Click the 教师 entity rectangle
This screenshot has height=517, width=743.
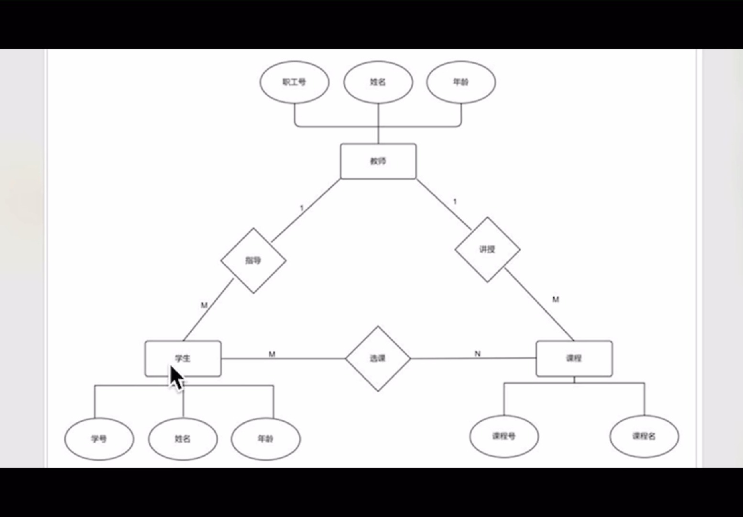point(378,161)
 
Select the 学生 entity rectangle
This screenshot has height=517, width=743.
point(183,358)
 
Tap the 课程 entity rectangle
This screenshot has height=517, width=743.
point(574,358)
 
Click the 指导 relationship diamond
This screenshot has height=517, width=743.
point(253,260)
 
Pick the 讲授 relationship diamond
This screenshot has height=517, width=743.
point(487,249)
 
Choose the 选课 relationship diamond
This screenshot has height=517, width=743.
point(378,358)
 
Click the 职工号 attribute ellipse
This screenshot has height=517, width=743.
point(294,82)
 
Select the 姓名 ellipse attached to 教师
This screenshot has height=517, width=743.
point(378,82)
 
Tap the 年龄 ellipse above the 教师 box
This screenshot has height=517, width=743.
point(461,82)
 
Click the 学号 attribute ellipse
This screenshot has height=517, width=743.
point(99,438)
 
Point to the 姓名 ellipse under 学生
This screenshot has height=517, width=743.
point(183,438)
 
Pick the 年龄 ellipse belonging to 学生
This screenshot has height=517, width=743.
point(266,438)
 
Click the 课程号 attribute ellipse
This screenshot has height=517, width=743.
point(504,436)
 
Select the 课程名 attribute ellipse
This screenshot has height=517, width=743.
point(644,436)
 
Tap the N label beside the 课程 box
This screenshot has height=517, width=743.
point(477,354)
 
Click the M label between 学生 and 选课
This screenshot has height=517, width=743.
point(272,354)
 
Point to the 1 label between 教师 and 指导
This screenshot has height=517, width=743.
point(301,208)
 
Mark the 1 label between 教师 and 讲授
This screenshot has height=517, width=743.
point(455,202)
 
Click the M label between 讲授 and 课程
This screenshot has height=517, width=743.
point(556,300)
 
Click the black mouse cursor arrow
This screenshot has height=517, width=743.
point(176,378)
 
